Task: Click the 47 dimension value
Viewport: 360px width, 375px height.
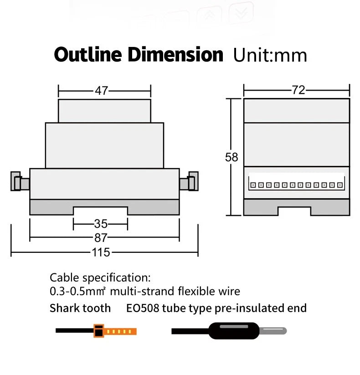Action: coord(102,91)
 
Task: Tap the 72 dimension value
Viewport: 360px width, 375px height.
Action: coord(298,90)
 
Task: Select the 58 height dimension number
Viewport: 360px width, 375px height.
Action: coord(231,157)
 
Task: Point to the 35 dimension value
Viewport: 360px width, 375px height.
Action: coord(101,224)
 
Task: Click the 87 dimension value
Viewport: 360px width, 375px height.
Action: coord(101,238)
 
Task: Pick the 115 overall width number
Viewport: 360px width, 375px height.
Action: coord(101,252)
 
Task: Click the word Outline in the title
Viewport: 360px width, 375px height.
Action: coord(88,55)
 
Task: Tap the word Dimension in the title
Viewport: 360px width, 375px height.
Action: coord(175,55)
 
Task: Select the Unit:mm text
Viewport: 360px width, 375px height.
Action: coord(270,56)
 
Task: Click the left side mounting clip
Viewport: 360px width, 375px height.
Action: coord(20,181)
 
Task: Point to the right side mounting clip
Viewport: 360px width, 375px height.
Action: coord(189,181)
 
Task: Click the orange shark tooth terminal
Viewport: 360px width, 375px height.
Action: coord(115,331)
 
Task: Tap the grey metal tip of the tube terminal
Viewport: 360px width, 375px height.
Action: coord(273,331)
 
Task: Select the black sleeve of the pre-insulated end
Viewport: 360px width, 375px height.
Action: coord(234,331)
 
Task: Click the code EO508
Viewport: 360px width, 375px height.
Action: coord(143,308)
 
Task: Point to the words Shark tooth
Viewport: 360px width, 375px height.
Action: coord(80,308)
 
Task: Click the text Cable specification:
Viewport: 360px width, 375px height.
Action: coord(100,278)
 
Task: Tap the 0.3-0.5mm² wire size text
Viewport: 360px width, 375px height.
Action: coord(77,291)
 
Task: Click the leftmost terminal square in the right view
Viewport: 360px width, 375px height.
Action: coord(253,185)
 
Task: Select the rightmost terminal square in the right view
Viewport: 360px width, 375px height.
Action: coord(339,185)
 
